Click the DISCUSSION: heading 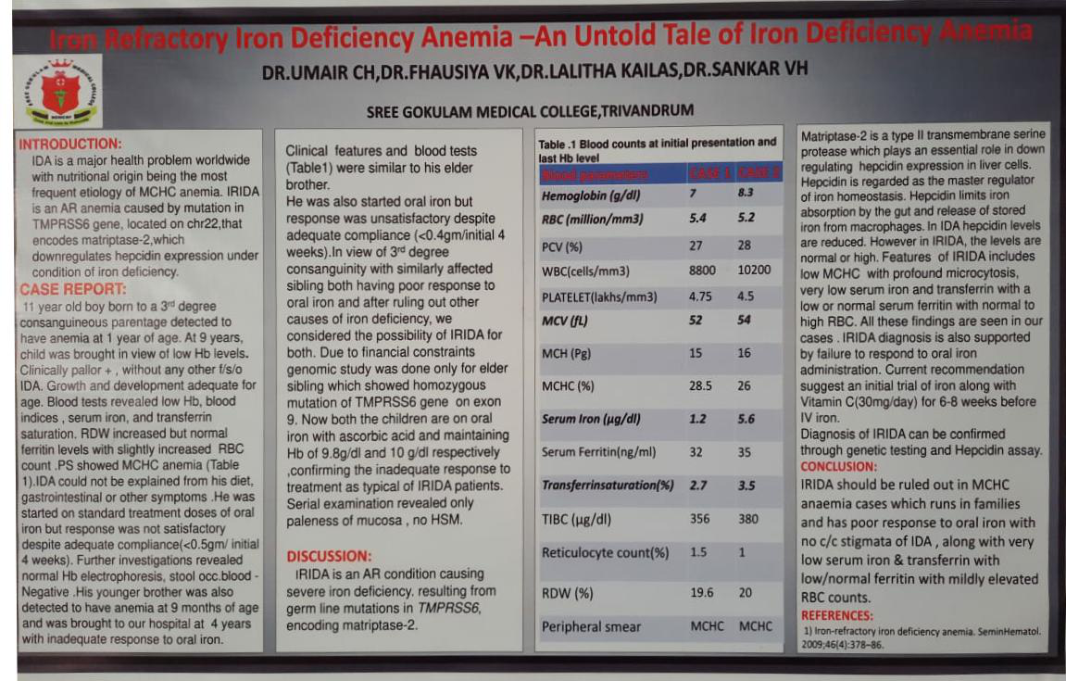click(329, 557)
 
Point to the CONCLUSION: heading click(838, 466)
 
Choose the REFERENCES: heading click(836, 615)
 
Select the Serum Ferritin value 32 click(696, 452)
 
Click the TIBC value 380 click(748, 519)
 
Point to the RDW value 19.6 click(701, 593)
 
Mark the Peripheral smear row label click(591, 627)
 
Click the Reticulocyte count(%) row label click(605, 553)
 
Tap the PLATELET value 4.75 click(701, 296)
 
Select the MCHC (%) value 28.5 click(701, 385)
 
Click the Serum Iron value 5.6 click(747, 419)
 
